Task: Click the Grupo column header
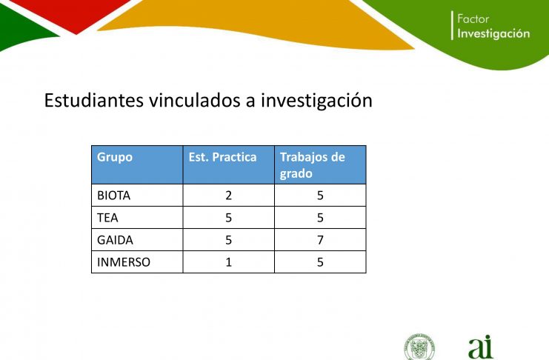tap(115, 157)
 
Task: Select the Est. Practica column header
tap(222, 157)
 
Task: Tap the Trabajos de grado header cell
tap(313, 165)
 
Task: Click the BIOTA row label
tap(113, 196)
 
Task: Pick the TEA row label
tap(107, 218)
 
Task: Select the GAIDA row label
tap(115, 240)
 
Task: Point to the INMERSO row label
tap(124, 262)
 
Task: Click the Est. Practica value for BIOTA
tap(229, 196)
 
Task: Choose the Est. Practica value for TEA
tap(229, 218)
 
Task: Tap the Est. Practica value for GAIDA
tap(229, 240)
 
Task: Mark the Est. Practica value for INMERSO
tap(229, 262)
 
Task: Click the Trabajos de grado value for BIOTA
tap(320, 196)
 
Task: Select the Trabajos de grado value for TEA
tap(320, 218)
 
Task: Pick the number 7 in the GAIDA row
tap(320, 240)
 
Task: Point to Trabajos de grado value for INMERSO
tap(320, 262)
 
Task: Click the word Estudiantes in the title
tap(94, 101)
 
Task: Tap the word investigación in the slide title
tap(316, 101)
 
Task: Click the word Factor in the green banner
tap(473, 19)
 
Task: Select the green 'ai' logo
tap(481, 347)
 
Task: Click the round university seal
tap(419, 347)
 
